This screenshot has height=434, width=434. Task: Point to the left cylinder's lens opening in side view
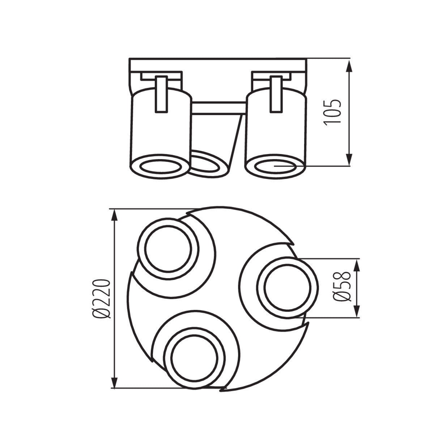[159, 167]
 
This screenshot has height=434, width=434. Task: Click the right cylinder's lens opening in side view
[275, 167]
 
